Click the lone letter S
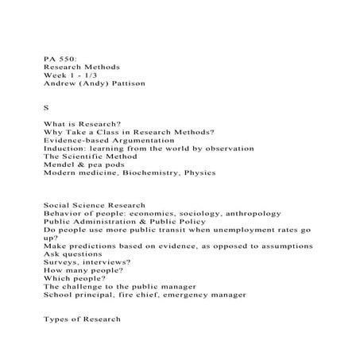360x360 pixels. [x=46, y=109]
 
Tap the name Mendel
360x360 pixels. [x=60, y=171]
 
